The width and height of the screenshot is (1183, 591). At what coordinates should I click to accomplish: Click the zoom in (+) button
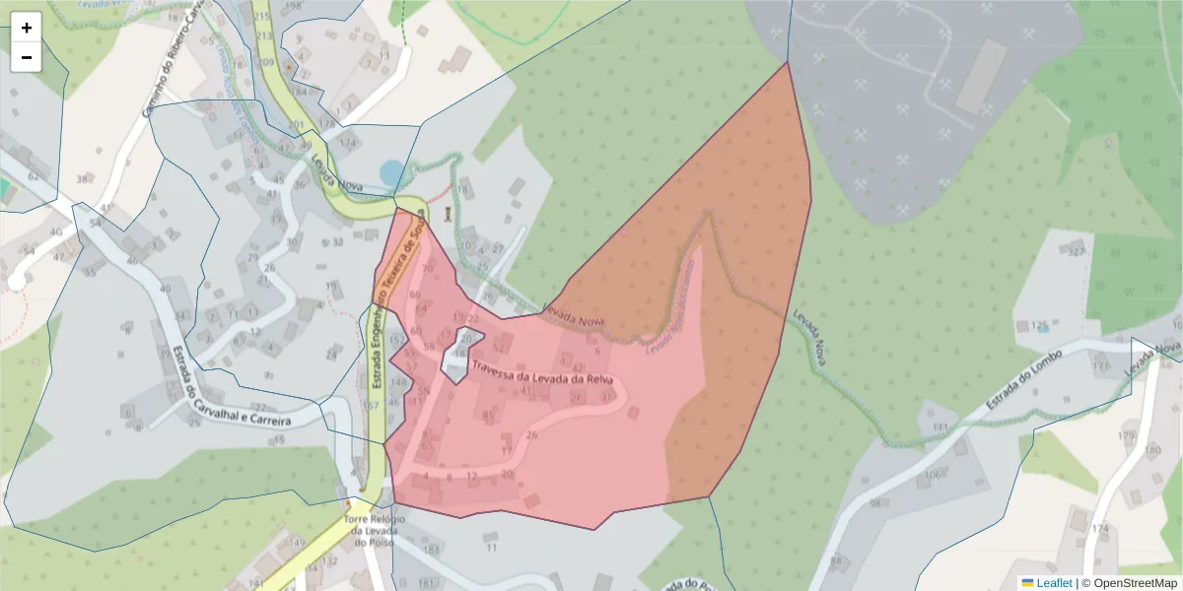click(26, 28)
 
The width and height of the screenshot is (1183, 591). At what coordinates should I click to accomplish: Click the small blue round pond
click(392, 174)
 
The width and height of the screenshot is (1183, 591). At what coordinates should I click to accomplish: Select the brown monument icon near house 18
click(449, 213)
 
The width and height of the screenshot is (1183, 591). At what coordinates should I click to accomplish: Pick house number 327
click(1077, 251)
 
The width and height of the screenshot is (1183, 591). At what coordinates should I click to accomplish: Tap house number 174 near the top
click(347, 143)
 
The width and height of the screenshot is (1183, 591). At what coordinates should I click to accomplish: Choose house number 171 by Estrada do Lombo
click(1100, 366)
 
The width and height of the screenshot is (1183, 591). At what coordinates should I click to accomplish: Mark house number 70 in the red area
click(427, 268)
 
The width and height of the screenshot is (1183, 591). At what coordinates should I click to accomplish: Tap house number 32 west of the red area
click(337, 242)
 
